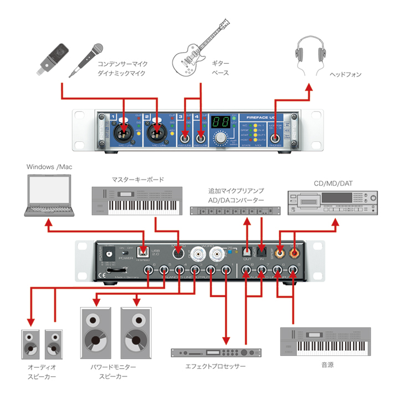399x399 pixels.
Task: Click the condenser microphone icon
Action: (54, 58)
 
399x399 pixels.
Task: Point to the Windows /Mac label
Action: (49, 166)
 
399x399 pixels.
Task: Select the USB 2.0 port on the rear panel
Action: (142, 252)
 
